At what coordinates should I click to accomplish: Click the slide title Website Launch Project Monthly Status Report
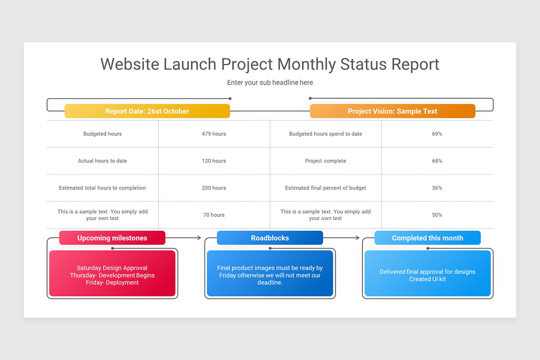(x=270, y=64)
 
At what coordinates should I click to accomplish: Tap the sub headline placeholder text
(x=270, y=82)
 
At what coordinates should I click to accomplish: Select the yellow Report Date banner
(x=147, y=111)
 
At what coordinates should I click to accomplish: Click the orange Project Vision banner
(x=392, y=111)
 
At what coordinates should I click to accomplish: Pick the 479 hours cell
(x=214, y=134)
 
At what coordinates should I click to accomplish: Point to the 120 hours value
(x=214, y=161)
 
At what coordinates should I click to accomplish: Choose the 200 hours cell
(x=214, y=188)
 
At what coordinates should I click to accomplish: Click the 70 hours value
(x=214, y=215)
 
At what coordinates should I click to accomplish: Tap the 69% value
(x=437, y=134)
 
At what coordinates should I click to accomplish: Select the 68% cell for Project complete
(x=437, y=161)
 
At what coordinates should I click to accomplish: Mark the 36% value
(x=437, y=188)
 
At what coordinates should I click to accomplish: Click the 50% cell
(x=437, y=215)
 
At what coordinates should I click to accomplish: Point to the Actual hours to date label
(x=103, y=161)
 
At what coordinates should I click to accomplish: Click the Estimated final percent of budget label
(x=325, y=188)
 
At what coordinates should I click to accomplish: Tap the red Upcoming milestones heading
(x=112, y=238)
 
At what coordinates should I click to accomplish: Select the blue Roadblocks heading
(x=270, y=238)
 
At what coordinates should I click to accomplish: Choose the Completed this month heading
(x=427, y=238)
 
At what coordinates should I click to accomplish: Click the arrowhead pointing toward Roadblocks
(x=199, y=238)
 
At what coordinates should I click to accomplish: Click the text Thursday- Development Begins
(x=112, y=275)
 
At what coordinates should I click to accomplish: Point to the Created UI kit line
(x=427, y=279)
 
